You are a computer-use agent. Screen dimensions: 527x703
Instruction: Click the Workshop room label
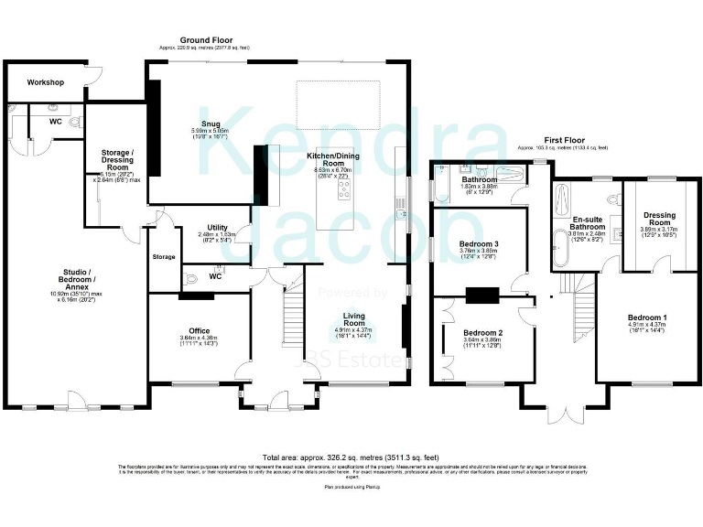click(x=45, y=82)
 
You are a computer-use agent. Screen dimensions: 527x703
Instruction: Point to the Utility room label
click(x=217, y=228)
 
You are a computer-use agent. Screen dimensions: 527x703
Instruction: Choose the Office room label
click(x=200, y=330)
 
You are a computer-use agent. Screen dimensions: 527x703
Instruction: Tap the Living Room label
click(x=353, y=318)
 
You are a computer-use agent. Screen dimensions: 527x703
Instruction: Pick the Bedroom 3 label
click(x=479, y=244)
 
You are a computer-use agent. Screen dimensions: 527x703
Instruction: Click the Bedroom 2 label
click(x=483, y=332)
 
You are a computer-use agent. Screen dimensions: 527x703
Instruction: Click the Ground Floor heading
click(x=204, y=40)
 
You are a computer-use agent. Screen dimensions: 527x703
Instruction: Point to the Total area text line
click(x=351, y=457)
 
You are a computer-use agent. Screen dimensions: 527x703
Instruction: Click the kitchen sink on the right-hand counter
click(x=400, y=214)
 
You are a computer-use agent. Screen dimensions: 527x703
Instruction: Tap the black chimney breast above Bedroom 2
click(x=482, y=295)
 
